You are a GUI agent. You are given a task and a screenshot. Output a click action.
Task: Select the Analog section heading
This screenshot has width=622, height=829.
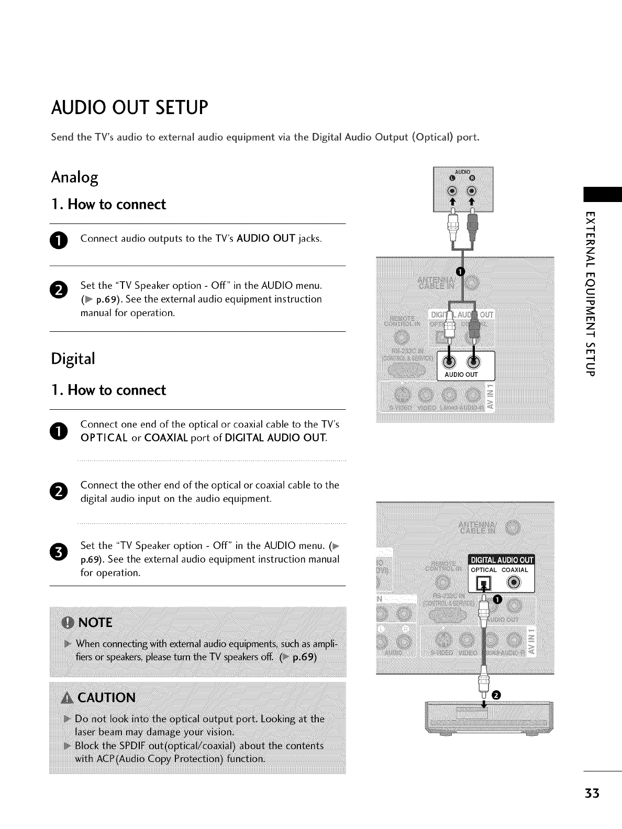[74, 178]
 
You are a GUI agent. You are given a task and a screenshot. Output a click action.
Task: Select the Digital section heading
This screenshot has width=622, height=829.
[73, 359]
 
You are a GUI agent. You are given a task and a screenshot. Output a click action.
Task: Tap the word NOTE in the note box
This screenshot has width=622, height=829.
[94, 622]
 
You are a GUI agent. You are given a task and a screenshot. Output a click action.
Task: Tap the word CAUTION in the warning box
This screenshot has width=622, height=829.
[106, 698]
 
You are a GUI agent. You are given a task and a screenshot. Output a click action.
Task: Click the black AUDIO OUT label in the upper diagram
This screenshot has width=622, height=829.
[461, 375]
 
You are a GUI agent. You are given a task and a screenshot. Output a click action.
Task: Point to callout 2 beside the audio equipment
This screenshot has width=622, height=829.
[496, 695]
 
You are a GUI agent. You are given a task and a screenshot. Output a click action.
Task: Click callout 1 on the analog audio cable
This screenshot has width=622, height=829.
[460, 271]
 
